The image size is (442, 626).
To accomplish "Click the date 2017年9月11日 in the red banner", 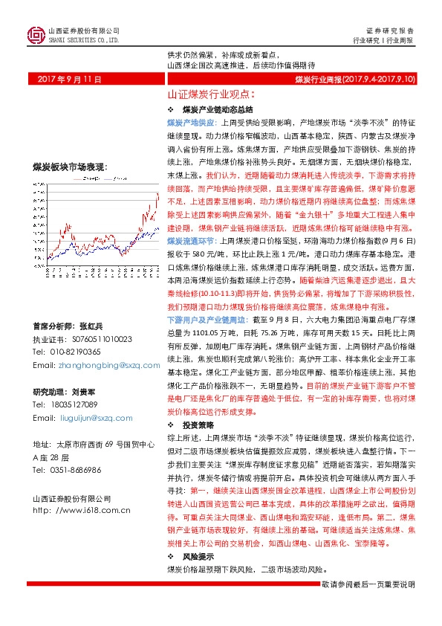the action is tap(68, 79).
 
